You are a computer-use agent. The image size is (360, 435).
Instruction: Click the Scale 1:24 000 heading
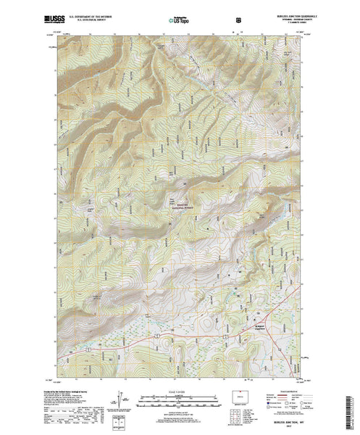180,391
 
